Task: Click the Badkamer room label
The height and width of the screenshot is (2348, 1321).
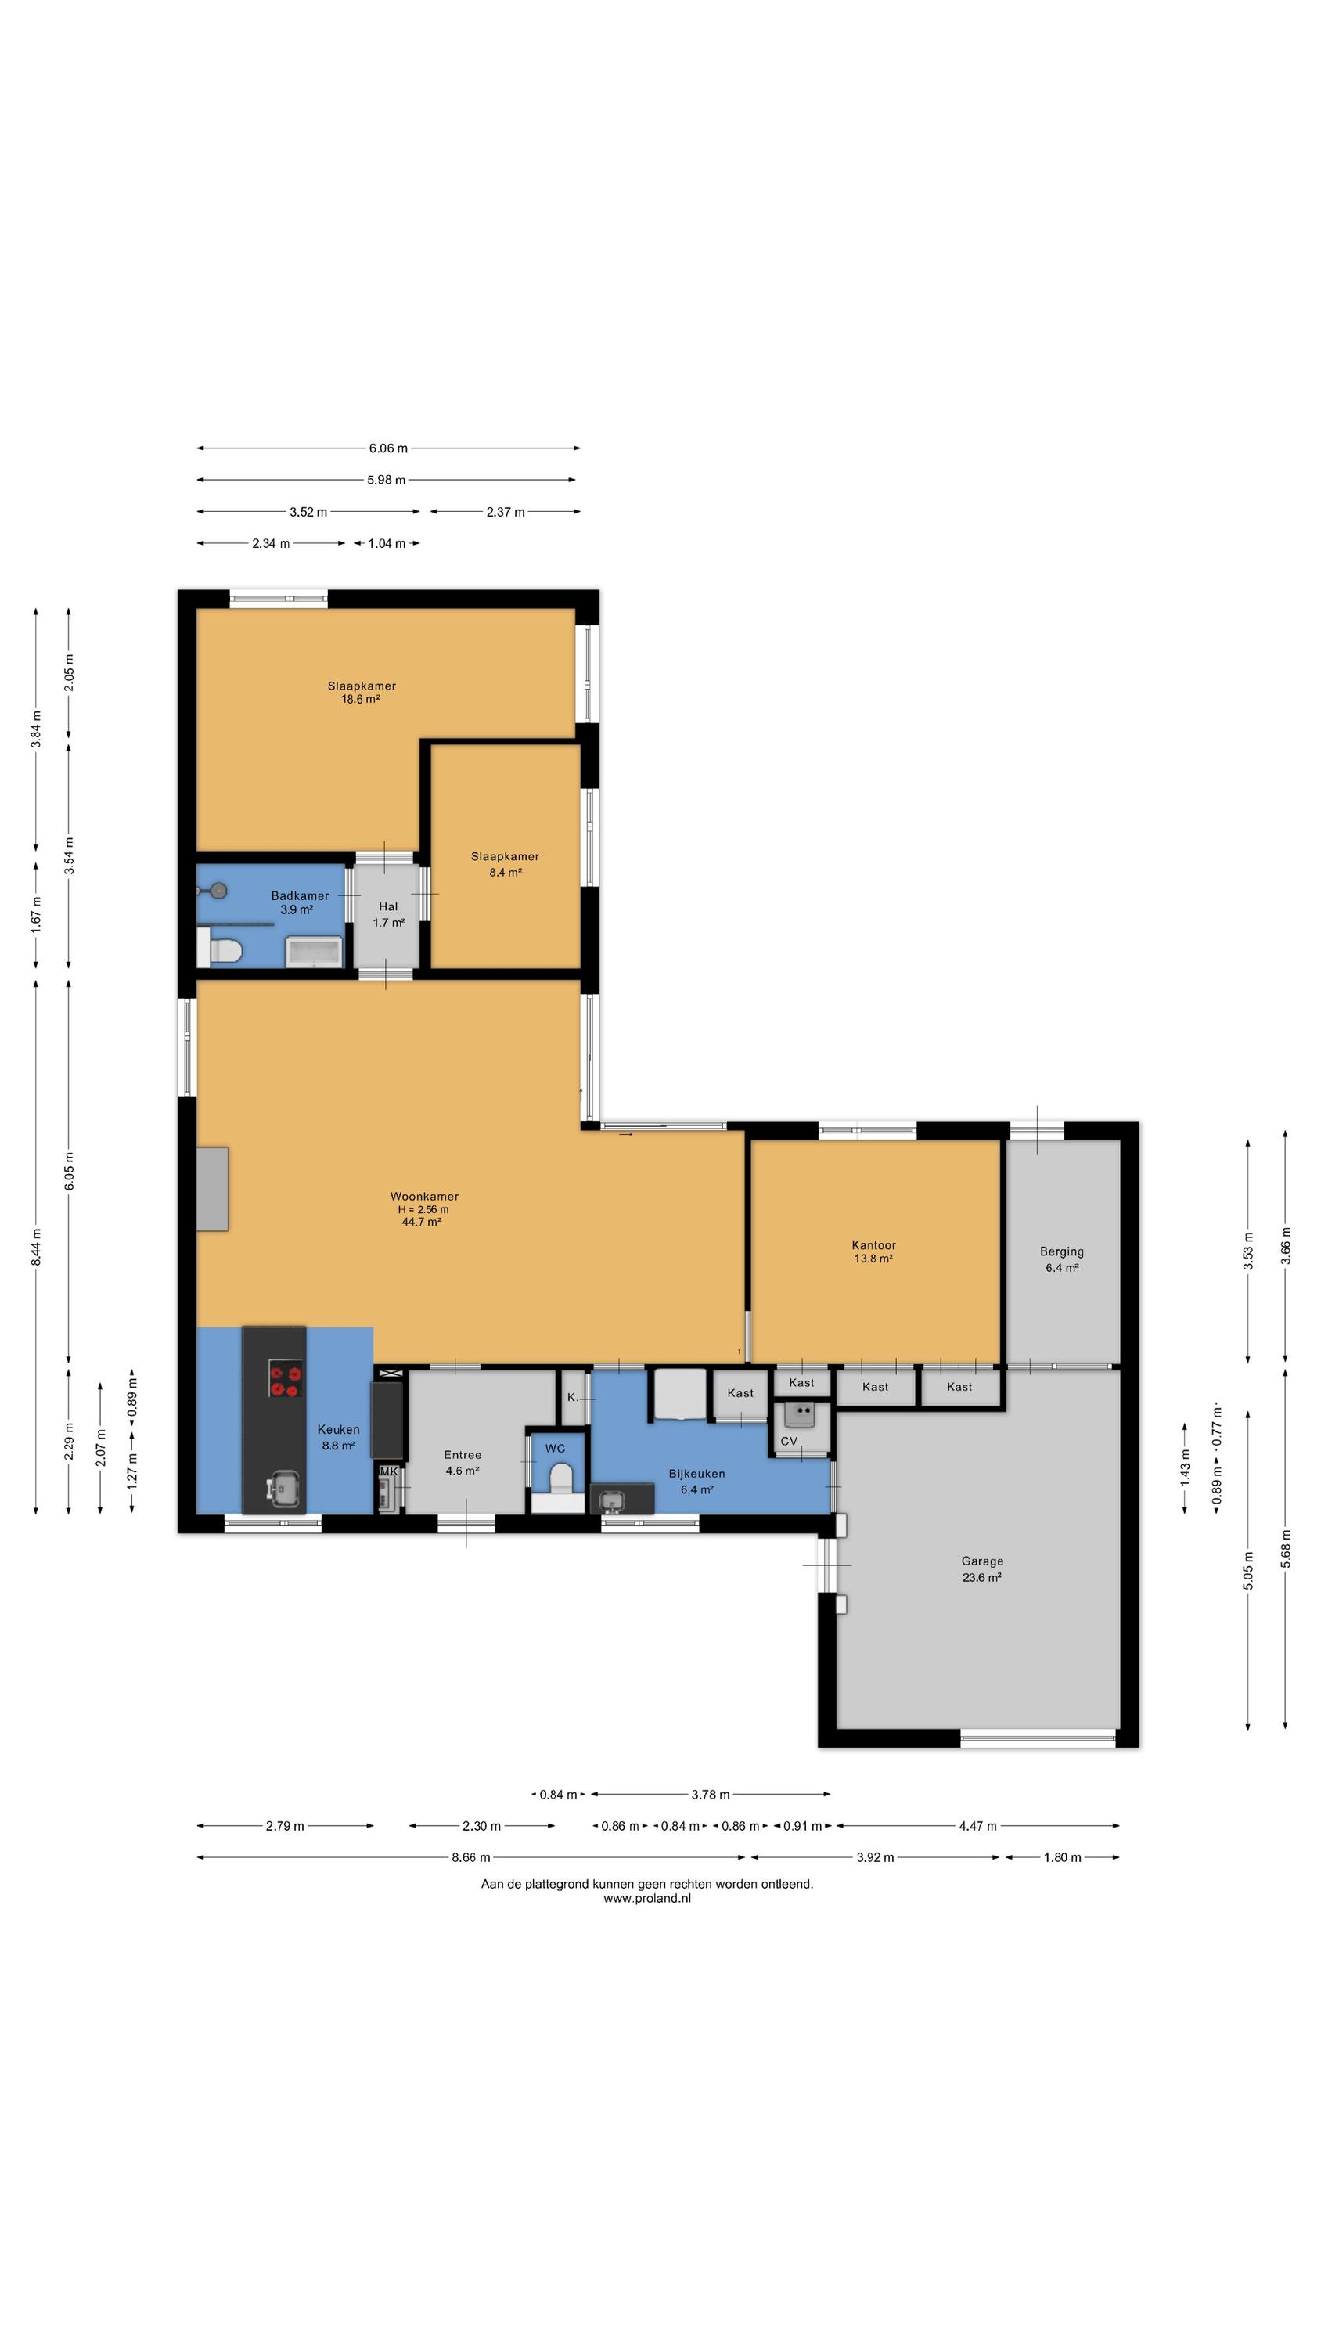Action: [x=300, y=895]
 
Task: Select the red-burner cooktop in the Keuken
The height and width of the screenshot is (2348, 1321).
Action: [x=286, y=1378]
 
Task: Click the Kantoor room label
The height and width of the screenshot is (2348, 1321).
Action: [x=873, y=1245]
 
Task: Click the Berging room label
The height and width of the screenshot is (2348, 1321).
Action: [x=1061, y=1251]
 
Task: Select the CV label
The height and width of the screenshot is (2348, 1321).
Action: [x=789, y=1441]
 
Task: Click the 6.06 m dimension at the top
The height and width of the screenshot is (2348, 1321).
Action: [x=388, y=448]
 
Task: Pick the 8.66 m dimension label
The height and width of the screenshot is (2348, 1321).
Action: [x=470, y=1856]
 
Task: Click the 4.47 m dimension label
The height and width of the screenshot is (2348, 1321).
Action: [x=977, y=1825]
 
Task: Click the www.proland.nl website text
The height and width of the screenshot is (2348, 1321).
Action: [x=647, y=1898]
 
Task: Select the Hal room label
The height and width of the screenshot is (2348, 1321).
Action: [x=388, y=906]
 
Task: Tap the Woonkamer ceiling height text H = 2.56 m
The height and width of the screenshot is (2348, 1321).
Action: [x=423, y=1209]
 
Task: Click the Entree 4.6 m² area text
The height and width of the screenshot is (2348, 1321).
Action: [x=463, y=1470]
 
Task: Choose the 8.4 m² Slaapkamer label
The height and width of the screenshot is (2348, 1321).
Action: [x=505, y=873]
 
